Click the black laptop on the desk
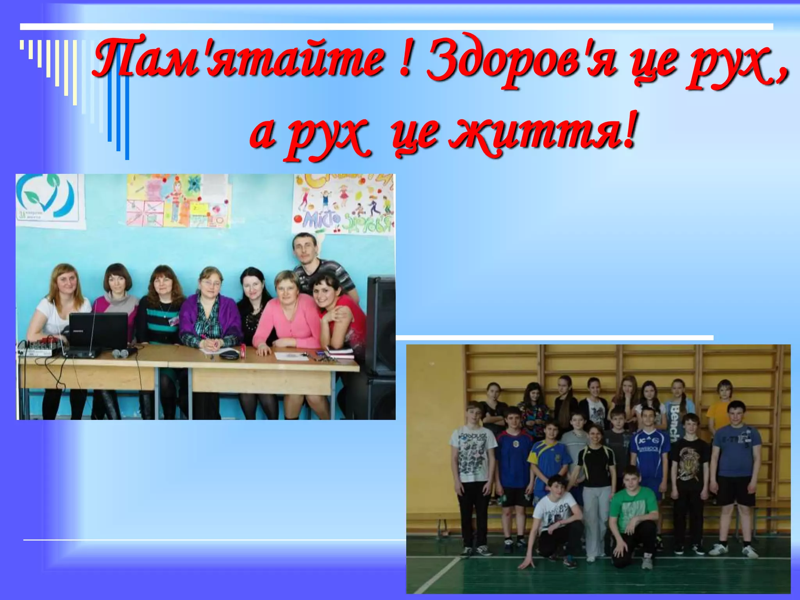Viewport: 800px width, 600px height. pyautogui.click(x=98, y=330)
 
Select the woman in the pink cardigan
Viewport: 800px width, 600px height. pyautogui.click(x=287, y=316)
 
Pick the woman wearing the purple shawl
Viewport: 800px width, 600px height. pyautogui.click(x=211, y=312)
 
